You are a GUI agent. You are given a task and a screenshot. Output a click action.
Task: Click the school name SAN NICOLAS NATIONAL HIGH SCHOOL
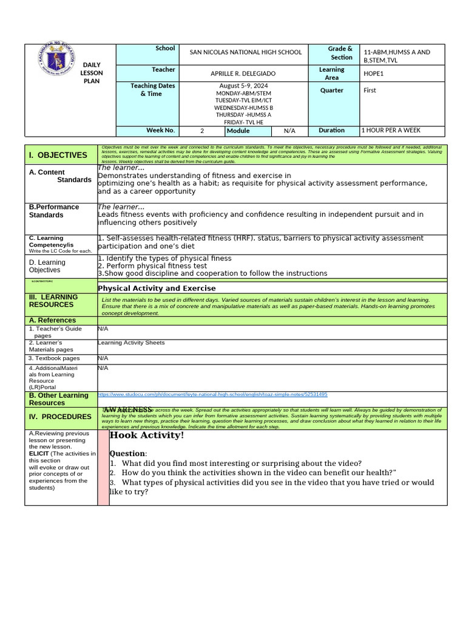[246, 52]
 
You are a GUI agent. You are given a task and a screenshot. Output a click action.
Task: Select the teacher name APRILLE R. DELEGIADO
[246, 73]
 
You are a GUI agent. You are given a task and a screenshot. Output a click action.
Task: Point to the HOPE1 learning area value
[374, 73]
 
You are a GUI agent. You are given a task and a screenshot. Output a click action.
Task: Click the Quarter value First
[370, 91]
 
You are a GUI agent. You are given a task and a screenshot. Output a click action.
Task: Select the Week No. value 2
[202, 131]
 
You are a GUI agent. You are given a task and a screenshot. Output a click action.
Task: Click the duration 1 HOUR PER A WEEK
[390, 131]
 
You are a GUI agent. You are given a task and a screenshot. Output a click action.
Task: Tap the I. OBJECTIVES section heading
[58, 155]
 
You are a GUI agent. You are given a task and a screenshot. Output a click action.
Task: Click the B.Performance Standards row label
[54, 211]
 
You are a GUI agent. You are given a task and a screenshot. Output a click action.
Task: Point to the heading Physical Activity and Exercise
[157, 288]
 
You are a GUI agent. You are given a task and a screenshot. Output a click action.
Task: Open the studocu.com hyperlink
[212, 394]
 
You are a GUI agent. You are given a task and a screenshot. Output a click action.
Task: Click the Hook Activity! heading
[147, 435]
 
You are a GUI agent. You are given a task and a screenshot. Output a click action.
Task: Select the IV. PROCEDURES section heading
[58, 417]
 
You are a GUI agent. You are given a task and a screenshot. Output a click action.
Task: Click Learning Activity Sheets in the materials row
[131, 343]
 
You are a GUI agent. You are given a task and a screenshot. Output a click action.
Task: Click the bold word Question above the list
[127, 454]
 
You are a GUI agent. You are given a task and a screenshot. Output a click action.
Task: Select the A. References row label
[53, 320]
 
